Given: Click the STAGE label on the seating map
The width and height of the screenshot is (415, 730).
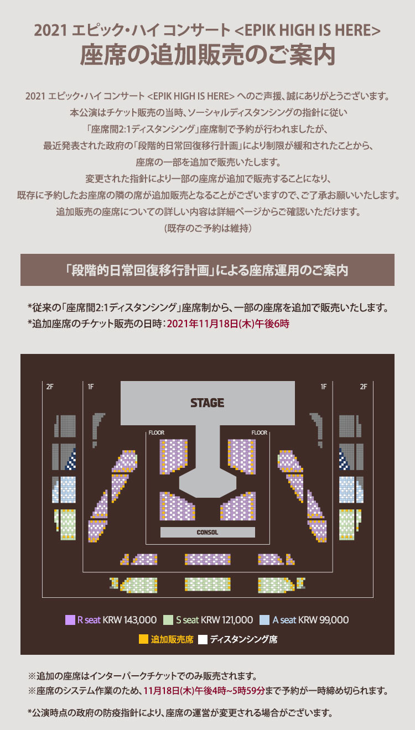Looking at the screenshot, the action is click(x=207, y=403).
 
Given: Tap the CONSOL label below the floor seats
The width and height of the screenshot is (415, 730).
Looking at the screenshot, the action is click(x=207, y=532).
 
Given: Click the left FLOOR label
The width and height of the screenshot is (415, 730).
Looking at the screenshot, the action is click(x=157, y=432).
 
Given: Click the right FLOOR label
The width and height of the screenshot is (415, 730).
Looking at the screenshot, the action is click(x=259, y=432).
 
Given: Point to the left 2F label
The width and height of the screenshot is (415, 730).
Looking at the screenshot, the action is click(x=50, y=387).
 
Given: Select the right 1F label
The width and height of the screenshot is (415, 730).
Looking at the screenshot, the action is click(x=323, y=387).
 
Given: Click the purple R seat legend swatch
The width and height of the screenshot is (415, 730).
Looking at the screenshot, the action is click(x=70, y=619).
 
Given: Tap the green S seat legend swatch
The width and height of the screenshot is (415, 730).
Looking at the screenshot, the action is click(x=168, y=619).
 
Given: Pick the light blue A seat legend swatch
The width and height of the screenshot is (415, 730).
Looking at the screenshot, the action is click(x=264, y=619).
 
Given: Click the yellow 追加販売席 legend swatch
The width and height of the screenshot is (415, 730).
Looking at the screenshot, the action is click(x=143, y=639).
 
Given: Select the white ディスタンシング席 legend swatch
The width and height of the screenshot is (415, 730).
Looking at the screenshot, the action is click(x=203, y=639).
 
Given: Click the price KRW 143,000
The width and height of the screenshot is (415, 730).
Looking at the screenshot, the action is click(x=129, y=619).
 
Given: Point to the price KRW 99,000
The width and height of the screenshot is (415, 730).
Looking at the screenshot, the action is click(x=324, y=619).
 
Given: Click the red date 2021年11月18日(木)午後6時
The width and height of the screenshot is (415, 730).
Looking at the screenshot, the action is click(x=228, y=324).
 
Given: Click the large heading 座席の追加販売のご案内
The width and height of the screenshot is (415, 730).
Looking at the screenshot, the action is click(x=207, y=55).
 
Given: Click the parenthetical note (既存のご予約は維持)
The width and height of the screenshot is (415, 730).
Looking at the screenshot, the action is click(x=207, y=228).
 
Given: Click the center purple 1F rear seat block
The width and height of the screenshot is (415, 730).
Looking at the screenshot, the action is click(x=207, y=559).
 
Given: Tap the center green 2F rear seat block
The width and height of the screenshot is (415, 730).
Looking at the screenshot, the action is click(x=207, y=584).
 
